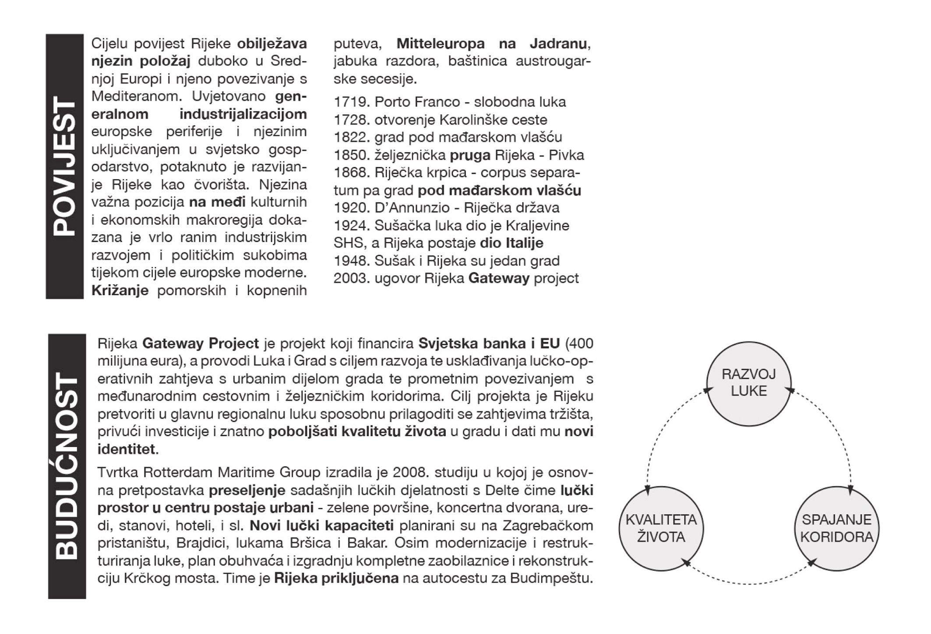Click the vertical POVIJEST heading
(64, 166)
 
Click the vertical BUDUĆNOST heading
(67, 466)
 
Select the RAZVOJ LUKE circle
(748, 383)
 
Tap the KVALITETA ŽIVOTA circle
(661, 528)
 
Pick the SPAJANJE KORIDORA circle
(836, 528)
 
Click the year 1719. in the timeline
(352, 102)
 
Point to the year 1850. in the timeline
(352, 155)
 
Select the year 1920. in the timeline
(352, 208)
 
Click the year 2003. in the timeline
(352, 278)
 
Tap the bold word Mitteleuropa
(440, 44)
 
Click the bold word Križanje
(120, 291)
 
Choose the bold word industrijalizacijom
(243, 114)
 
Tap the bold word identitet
(126, 450)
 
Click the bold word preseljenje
(247, 490)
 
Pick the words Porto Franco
(417, 102)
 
